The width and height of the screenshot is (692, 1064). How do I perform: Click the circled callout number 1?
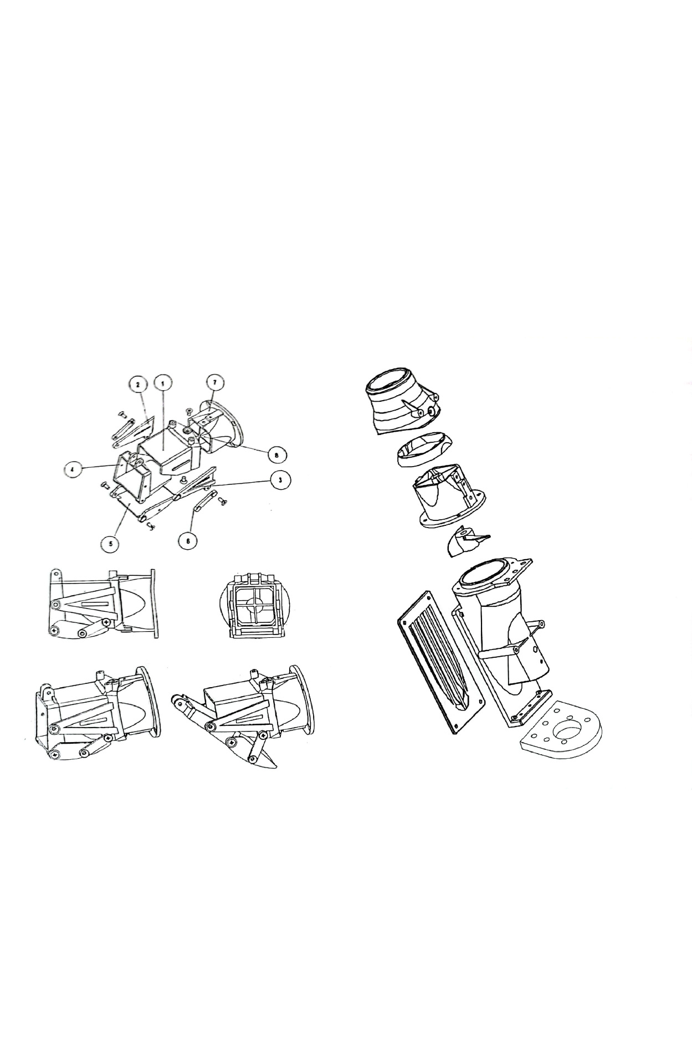tap(162, 383)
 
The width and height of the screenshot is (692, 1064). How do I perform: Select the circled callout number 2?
tap(138, 383)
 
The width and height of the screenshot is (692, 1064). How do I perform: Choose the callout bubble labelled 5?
tap(111, 544)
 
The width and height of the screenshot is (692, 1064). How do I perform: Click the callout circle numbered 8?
tap(276, 454)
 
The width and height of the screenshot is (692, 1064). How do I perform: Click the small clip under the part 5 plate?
tap(150, 527)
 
